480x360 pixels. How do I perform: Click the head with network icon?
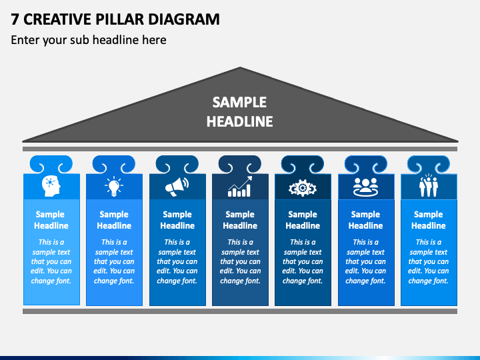pos(51,186)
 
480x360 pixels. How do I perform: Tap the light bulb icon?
pos(114,186)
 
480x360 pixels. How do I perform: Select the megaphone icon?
pos(177,187)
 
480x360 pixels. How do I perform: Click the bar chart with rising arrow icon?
pos(240,186)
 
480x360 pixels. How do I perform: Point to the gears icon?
pos(303,187)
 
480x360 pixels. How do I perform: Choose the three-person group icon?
pos(365,187)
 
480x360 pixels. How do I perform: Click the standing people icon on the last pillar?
pos(429,185)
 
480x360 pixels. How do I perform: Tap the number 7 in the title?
pos(15,19)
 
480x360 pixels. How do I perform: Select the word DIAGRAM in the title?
pos(184,19)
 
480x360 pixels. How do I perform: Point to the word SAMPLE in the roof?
pos(240,102)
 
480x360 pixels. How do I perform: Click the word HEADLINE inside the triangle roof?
pos(240,121)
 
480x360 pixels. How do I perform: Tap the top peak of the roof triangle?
pos(240,67)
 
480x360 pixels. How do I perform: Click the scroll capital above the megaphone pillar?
pos(177,165)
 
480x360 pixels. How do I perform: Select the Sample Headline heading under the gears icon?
pos(303,220)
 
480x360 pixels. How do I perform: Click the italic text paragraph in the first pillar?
pos(51,261)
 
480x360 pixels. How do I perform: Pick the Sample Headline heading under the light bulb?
pos(114,220)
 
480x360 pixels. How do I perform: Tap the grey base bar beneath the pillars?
pos(240,311)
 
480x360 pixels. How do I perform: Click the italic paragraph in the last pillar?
pos(429,261)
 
